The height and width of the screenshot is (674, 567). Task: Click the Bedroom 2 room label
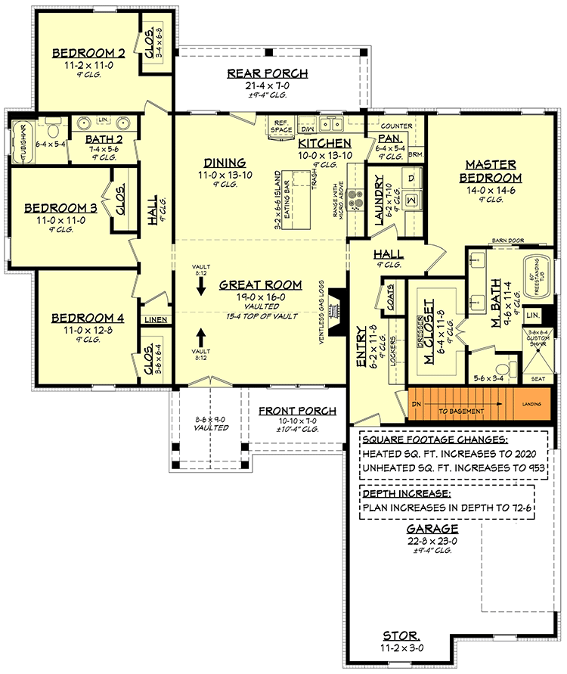[x=88, y=53]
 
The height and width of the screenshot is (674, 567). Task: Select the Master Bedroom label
[x=491, y=170]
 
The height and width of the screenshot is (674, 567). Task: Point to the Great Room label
[x=261, y=285]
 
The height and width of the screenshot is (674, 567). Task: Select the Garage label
[x=432, y=529]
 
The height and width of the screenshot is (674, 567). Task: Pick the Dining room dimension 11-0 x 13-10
[x=224, y=174]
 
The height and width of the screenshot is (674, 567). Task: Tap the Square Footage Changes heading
[x=435, y=439]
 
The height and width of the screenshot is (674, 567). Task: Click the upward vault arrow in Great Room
[x=201, y=335]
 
